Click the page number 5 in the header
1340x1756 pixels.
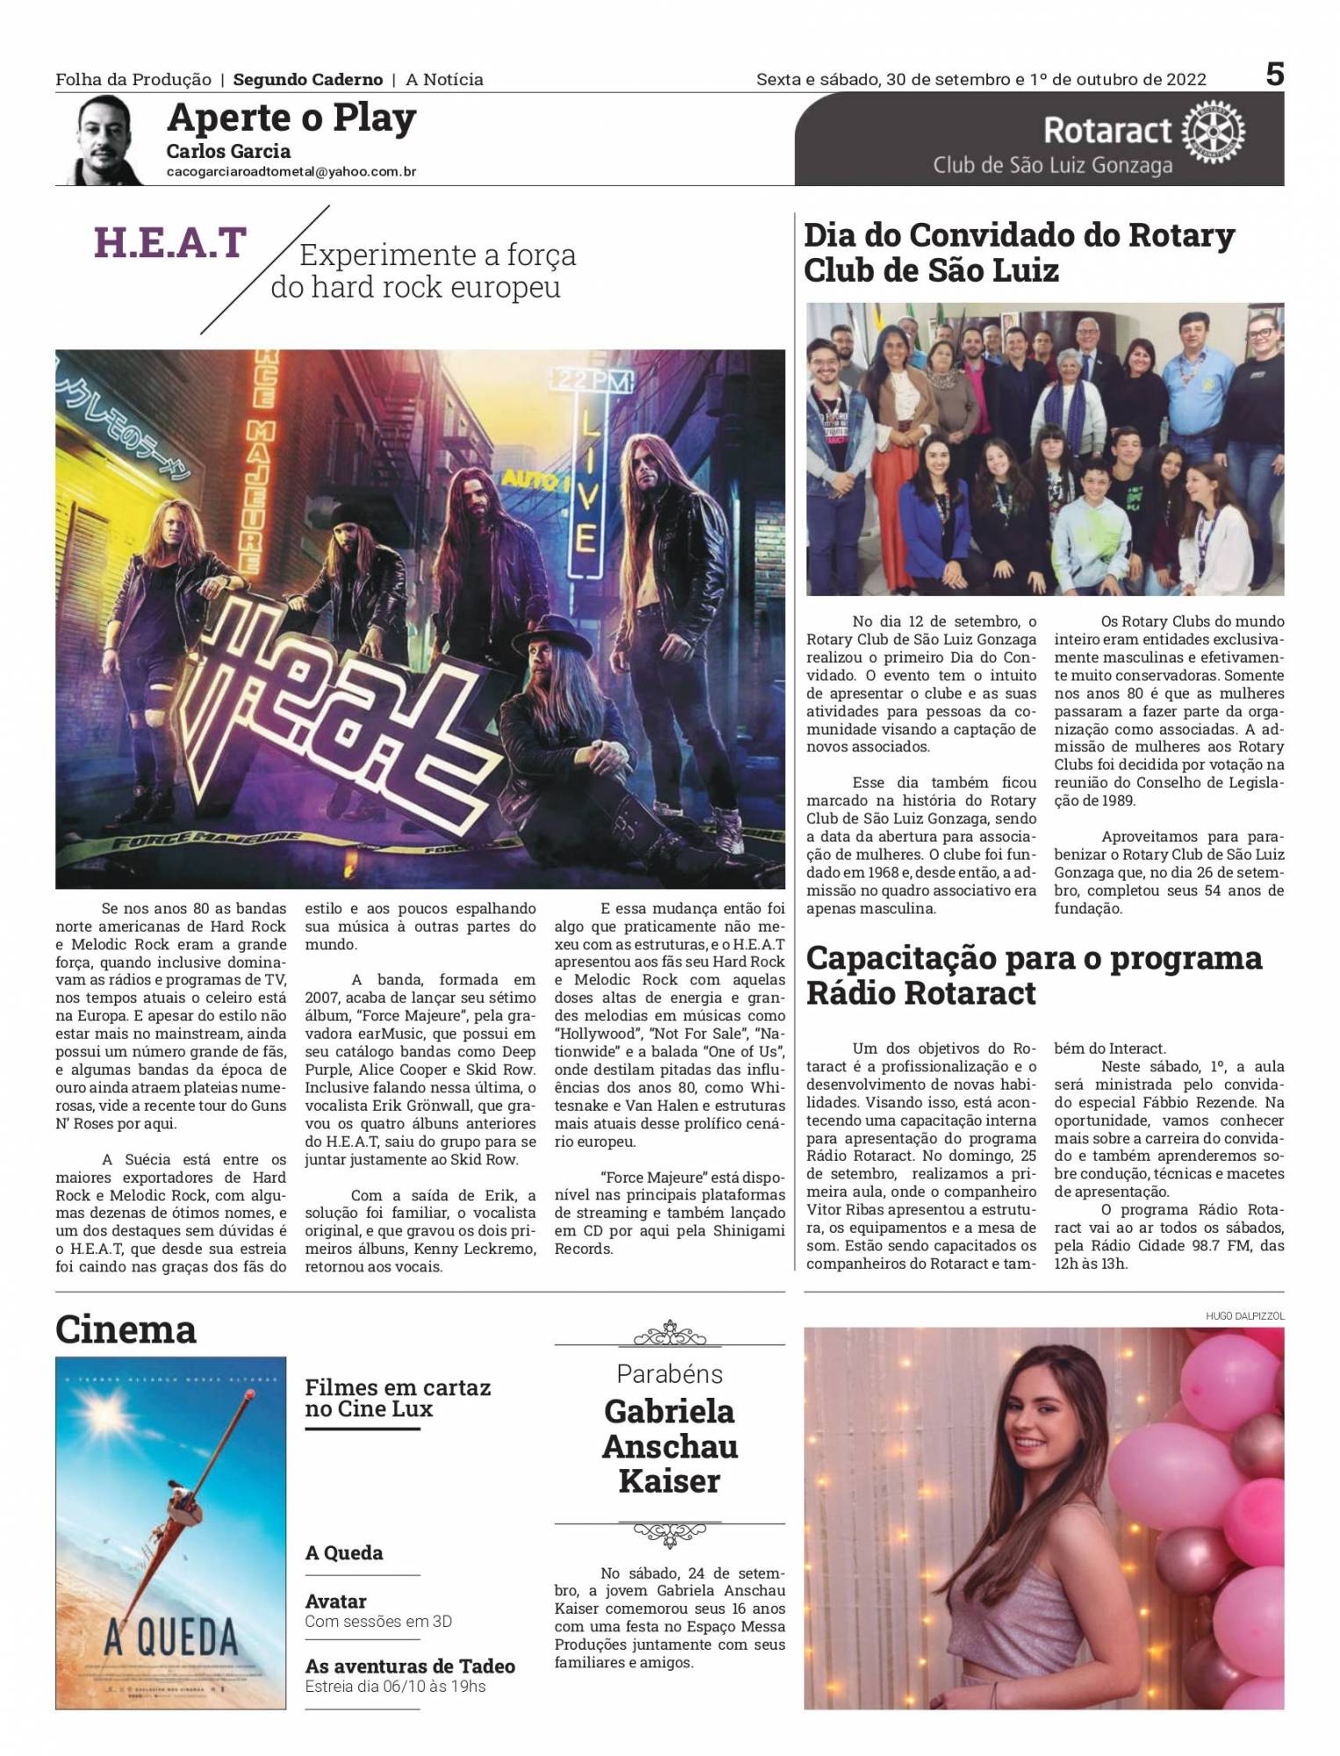(1274, 75)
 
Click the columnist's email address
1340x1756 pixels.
(291, 172)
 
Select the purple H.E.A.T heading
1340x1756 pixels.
(170, 243)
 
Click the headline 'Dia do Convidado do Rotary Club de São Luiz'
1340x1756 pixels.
(1019, 253)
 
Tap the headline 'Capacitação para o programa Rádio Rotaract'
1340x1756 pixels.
(1034, 975)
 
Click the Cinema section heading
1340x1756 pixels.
(126, 1329)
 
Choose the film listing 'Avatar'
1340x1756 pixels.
(335, 1601)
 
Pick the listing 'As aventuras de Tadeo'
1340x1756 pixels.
(409, 1666)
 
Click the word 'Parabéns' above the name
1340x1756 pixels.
(669, 1374)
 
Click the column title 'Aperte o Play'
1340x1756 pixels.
(291, 118)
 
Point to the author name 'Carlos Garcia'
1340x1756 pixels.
(228, 151)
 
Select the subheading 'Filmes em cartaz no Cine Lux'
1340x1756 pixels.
(397, 1398)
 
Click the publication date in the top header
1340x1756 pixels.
(981, 80)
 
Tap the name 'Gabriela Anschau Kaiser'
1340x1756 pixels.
(669, 1446)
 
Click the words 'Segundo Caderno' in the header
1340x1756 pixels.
(307, 80)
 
